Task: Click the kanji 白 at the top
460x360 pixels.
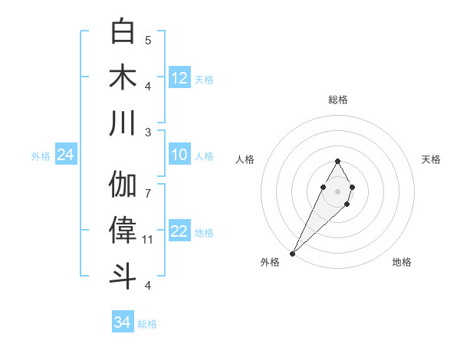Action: pos(123,31)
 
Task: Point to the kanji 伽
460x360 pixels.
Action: pos(123,185)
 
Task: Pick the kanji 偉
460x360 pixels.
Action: pos(123,231)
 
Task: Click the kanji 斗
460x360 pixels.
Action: pos(123,277)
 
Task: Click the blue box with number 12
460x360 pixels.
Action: pos(179,78)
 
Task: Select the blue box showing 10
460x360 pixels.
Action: pos(179,155)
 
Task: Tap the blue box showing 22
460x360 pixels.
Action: pos(179,232)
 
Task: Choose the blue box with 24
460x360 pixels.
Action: pos(65,155)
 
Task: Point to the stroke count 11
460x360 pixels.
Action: pos(148,240)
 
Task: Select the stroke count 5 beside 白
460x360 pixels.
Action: pos(148,40)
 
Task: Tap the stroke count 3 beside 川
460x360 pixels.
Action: pos(148,132)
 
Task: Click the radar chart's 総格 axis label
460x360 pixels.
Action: pos(338,100)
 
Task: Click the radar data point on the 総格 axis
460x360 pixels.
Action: pos(337,161)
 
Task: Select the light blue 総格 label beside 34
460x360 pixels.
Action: pos(147,324)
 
